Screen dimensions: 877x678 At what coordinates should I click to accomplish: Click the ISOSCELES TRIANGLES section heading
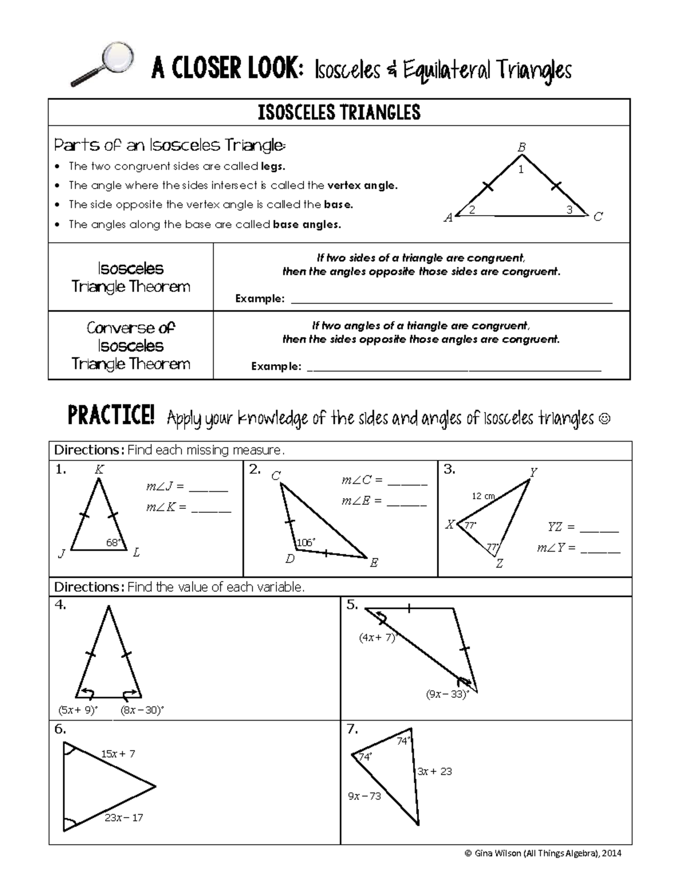pyautogui.click(x=339, y=112)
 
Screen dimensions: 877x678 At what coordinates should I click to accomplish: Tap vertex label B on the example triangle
pyautogui.click(x=522, y=147)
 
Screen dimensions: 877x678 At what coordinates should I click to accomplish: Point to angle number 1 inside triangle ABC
pyautogui.click(x=521, y=169)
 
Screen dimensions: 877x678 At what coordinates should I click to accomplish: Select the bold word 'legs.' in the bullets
pyautogui.click(x=273, y=166)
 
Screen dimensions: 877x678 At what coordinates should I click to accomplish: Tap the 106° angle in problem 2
pyautogui.click(x=306, y=543)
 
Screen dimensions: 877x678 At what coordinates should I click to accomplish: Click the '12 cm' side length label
pyautogui.click(x=483, y=496)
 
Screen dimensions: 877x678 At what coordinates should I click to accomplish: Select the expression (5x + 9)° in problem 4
pyautogui.click(x=78, y=710)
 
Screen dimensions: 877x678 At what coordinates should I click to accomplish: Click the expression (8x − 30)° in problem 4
pyautogui.click(x=142, y=710)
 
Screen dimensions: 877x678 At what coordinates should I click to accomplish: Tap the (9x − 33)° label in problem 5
pyautogui.click(x=447, y=694)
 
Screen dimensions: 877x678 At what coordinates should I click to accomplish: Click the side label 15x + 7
pyautogui.click(x=118, y=753)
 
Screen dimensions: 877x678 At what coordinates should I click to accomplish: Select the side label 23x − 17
pyautogui.click(x=124, y=817)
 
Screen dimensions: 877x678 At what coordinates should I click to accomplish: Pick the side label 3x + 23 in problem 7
pyautogui.click(x=434, y=771)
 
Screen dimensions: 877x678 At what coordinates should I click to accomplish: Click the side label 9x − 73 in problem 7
pyautogui.click(x=364, y=796)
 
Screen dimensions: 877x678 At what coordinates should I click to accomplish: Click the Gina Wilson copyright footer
pyautogui.click(x=542, y=853)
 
